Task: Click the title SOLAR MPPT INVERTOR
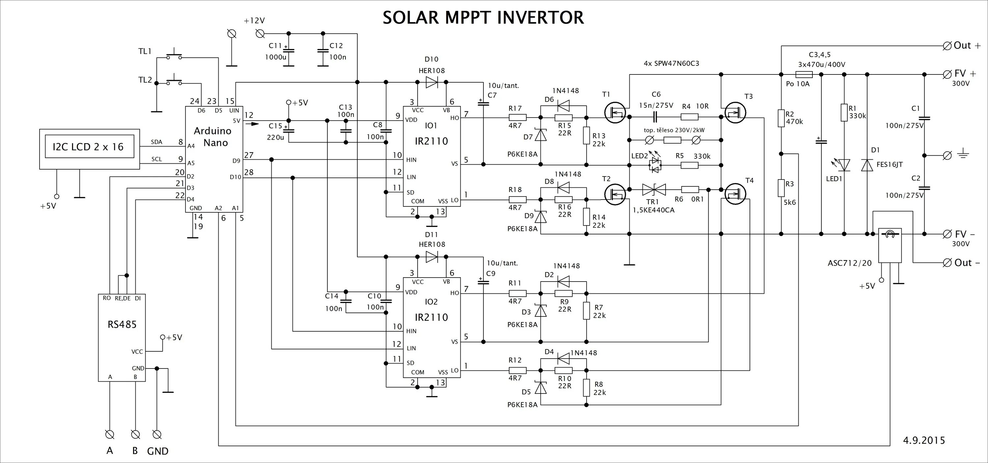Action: point(483,18)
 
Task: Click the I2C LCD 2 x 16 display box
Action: point(89,147)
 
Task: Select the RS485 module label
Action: point(122,324)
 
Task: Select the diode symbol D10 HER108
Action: point(432,82)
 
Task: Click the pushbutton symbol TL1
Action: point(174,56)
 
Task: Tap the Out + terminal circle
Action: point(947,46)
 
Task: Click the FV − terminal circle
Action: point(947,234)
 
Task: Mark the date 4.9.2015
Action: point(924,440)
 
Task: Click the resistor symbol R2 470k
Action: point(781,118)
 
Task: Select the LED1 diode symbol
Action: point(844,165)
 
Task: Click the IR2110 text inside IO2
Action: point(431,317)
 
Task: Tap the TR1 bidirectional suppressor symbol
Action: point(654,189)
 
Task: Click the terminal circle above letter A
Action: point(110,435)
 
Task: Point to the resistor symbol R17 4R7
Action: point(517,118)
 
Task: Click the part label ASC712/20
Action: point(850,263)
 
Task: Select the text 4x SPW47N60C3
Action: point(671,63)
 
